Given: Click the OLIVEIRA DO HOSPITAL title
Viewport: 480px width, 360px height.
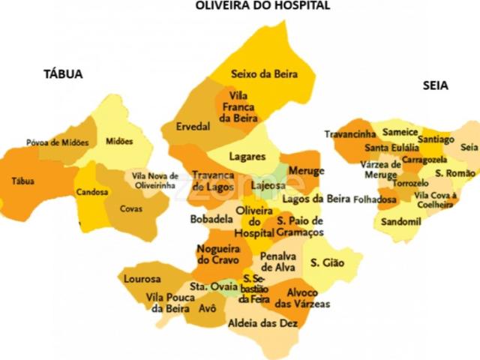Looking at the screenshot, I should pos(262,6).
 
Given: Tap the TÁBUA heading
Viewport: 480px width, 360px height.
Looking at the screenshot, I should pos(63,74).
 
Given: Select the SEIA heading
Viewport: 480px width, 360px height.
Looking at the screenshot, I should pos(435,86).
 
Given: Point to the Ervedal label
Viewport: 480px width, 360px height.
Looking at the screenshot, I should pos(193,127).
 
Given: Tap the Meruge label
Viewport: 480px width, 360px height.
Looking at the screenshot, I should pos(306,171).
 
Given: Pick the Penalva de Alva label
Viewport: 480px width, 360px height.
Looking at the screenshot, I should pos(278,261).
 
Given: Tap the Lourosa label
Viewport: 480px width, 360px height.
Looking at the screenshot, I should pos(142,279).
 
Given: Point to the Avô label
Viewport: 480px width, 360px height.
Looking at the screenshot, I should pos(208,308).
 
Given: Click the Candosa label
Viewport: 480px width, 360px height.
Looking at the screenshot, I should pos(91,192).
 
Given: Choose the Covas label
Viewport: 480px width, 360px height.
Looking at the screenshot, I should pos(132,208).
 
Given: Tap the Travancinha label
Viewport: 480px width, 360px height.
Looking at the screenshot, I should pos(350,134).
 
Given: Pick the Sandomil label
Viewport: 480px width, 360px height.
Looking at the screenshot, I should pos(401,223).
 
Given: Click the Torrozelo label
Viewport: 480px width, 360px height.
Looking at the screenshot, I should pos(412,182).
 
